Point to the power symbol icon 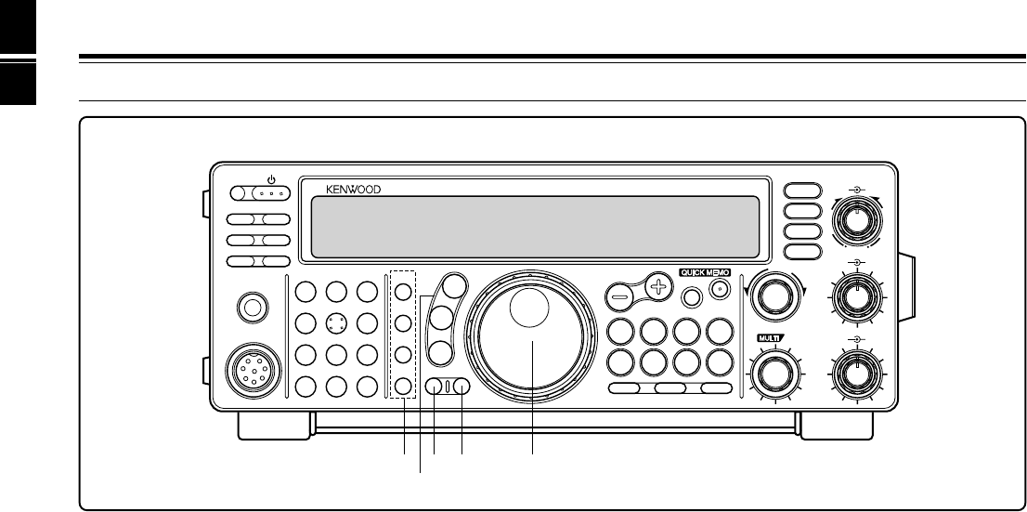click(272, 179)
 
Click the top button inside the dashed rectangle click(403, 290)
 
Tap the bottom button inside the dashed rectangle click(403, 387)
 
